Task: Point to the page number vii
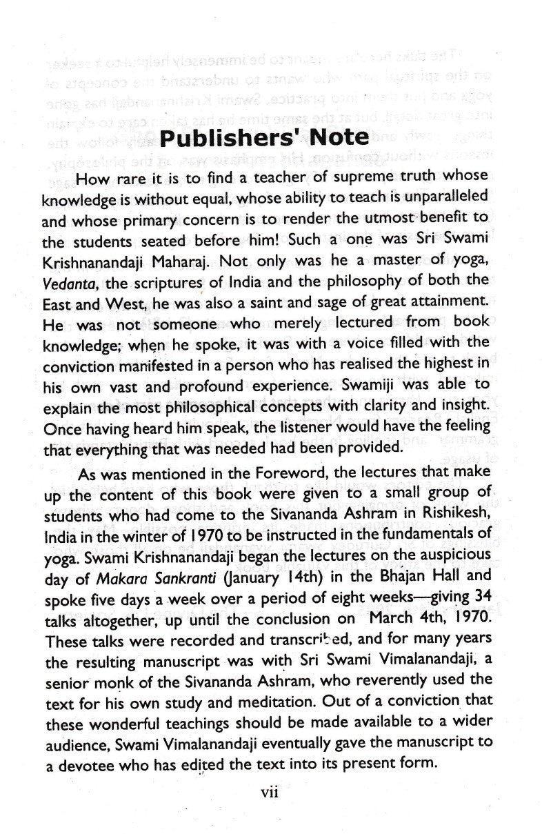tap(268, 794)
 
